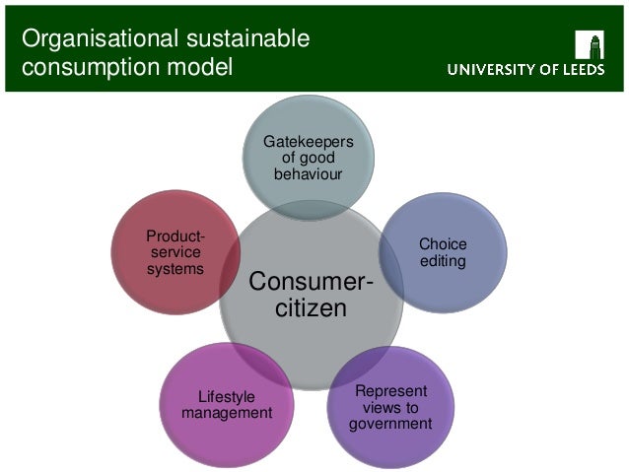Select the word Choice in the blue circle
443,244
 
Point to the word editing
443,261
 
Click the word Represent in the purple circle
390,390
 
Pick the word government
390,425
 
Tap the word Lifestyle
227,397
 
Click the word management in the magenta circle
227,414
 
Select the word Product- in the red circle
176,236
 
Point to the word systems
176,268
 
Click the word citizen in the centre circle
311,309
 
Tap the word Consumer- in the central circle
311,283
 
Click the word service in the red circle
176,252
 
